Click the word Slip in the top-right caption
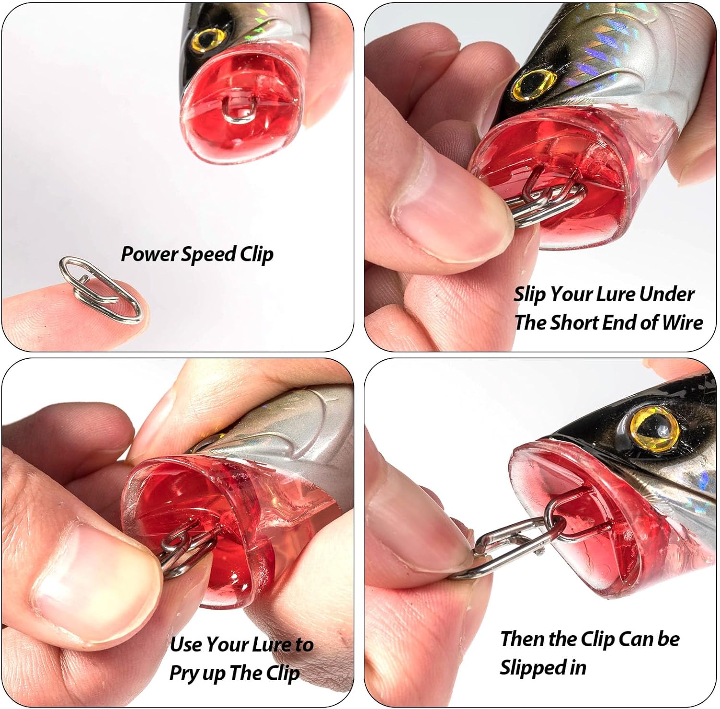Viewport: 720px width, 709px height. click(x=530, y=294)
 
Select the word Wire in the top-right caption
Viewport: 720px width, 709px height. click(x=682, y=322)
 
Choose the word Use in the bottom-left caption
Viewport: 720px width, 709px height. click(x=186, y=644)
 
